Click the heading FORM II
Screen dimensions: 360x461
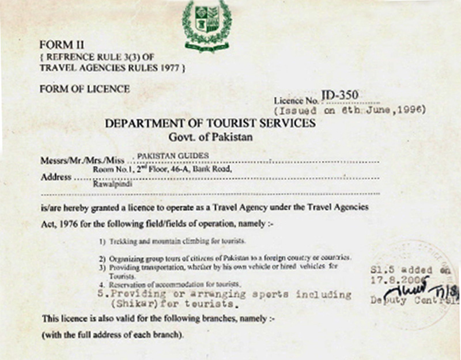click(x=58, y=44)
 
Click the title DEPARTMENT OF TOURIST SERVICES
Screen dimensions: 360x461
click(x=210, y=123)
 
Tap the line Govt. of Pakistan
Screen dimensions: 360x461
click(x=210, y=138)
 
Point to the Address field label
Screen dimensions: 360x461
click(x=56, y=177)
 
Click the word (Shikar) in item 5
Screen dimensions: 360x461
click(x=135, y=304)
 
